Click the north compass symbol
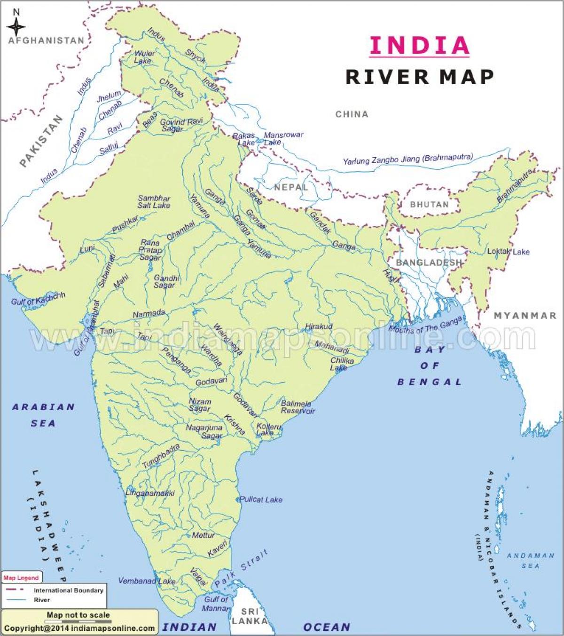(x=16, y=24)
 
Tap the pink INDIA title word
(x=419, y=45)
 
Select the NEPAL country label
(x=291, y=187)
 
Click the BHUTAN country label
(x=429, y=204)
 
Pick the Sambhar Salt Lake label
(x=154, y=202)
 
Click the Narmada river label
(x=149, y=313)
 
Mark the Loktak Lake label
(x=508, y=251)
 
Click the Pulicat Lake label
(x=261, y=499)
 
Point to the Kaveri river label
(x=217, y=549)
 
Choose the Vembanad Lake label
(x=146, y=580)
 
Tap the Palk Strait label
(x=242, y=568)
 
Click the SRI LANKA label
(x=249, y=616)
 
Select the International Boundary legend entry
(x=68, y=590)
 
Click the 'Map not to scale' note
(x=78, y=615)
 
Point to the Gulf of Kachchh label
(x=38, y=298)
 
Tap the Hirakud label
(x=319, y=326)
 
